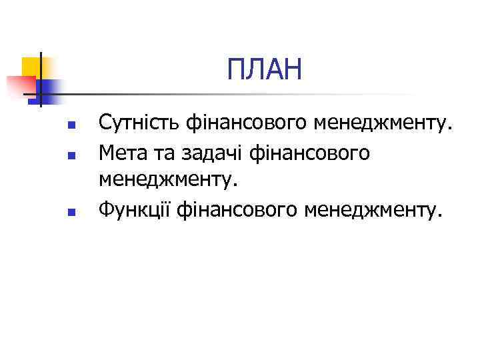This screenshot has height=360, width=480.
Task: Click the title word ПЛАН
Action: tap(264, 69)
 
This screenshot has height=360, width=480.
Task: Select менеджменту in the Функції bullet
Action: tap(372, 211)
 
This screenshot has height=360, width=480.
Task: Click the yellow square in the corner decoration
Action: tap(31, 67)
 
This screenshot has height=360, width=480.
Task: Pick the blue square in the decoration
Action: tap(51, 88)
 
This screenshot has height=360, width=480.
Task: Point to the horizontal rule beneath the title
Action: tap(200, 94)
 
